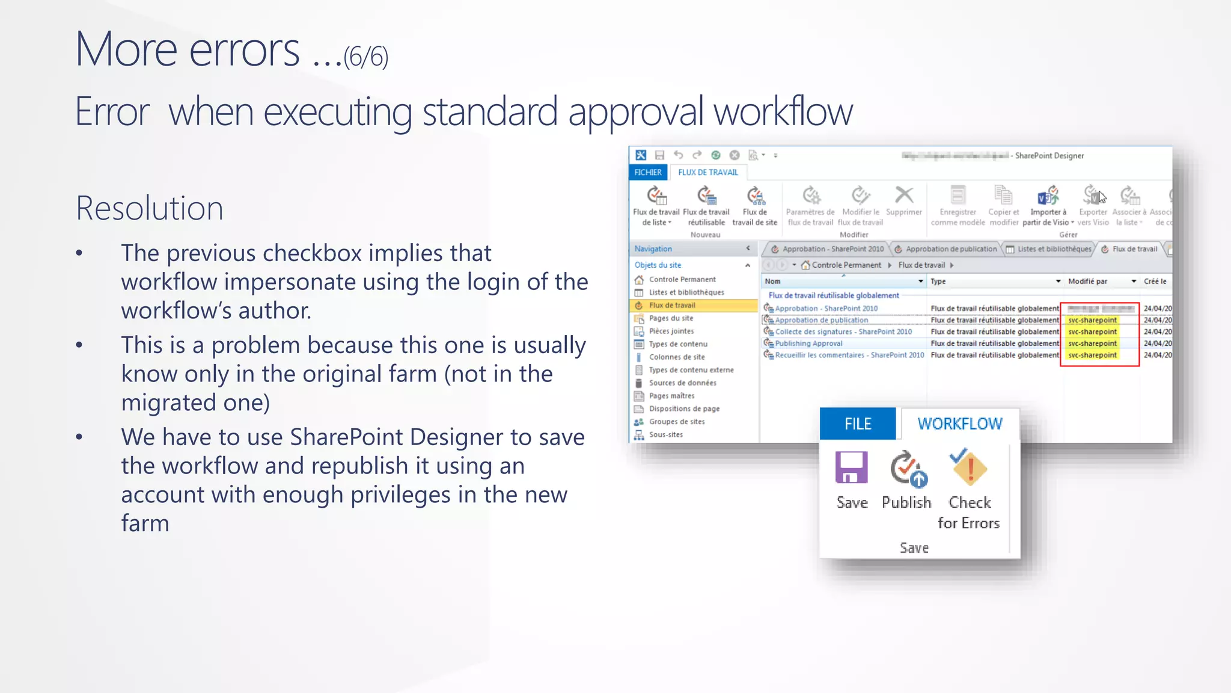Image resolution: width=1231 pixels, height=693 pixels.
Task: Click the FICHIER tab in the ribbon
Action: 647,172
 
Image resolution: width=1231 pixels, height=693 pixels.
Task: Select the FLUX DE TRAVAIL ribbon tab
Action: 707,172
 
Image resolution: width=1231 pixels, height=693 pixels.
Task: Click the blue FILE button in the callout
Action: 857,423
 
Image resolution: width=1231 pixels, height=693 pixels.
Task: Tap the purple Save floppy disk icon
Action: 851,468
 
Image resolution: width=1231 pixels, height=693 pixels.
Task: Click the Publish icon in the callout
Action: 908,469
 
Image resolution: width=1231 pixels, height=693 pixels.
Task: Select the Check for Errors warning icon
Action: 968,468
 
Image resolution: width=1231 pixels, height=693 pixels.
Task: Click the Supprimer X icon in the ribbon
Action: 903,196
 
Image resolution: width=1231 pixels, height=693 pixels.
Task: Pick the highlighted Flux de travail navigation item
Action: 671,305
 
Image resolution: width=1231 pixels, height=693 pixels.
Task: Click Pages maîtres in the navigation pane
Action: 671,396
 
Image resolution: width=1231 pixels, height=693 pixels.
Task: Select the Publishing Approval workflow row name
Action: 808,343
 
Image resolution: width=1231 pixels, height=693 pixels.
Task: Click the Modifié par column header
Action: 1087,281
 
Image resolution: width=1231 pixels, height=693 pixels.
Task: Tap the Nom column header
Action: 772,281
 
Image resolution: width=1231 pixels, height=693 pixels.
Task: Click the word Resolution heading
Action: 149,208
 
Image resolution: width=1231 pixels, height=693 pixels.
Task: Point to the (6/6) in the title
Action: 365,57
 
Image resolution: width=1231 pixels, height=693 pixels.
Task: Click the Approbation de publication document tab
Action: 950,249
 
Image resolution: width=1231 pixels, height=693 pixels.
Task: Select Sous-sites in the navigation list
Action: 665,434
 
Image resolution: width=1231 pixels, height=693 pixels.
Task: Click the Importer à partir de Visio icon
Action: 1047,196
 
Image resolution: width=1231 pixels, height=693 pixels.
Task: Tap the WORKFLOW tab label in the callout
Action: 959,423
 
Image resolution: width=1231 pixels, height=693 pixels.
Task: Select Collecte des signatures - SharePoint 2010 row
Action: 843,331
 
